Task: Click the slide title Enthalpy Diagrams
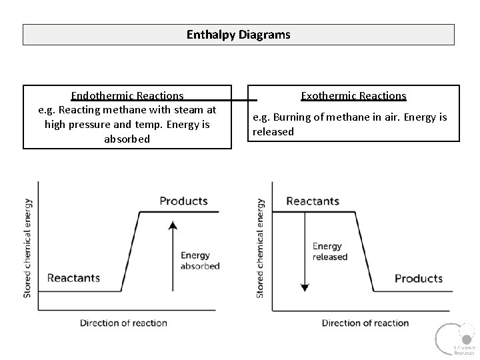coord(239,35)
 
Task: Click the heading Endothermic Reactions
coord(127,96)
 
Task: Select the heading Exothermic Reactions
coord(353,96)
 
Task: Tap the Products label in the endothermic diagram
coord(183,201)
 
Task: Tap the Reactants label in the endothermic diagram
coord(73,277)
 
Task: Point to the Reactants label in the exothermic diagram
coord(312,201)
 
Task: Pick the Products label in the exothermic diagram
coord(418,278)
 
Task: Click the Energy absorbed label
coord(199,261)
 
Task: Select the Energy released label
coord(330,251)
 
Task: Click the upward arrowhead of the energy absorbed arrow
coord(173,225)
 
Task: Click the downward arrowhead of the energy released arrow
coord(305,287)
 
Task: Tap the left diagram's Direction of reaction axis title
coord(123,323)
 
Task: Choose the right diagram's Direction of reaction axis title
coord(365,323)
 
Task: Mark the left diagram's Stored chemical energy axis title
coord(28,247)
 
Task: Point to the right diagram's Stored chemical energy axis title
coord(261,247)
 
